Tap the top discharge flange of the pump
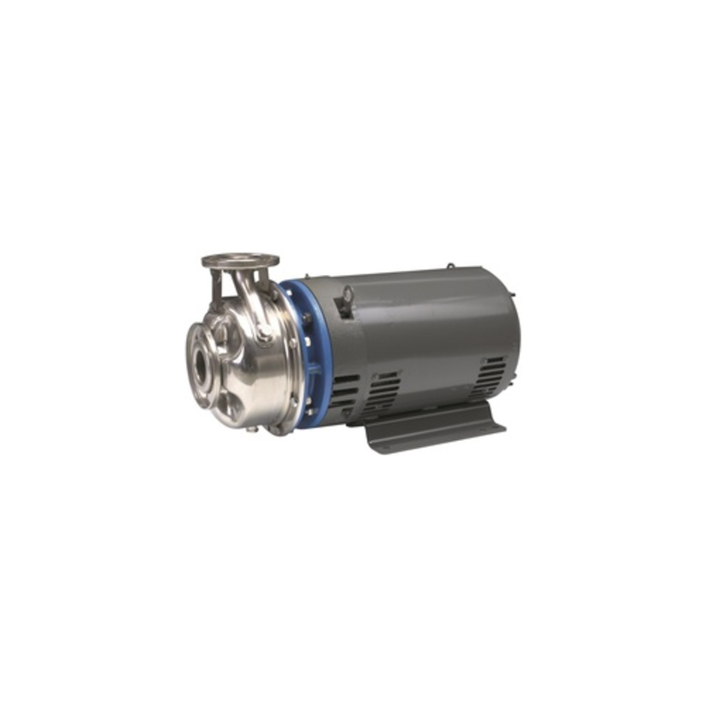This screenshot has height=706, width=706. pos(240,260)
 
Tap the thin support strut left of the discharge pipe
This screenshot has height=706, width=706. pos(217,289)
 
